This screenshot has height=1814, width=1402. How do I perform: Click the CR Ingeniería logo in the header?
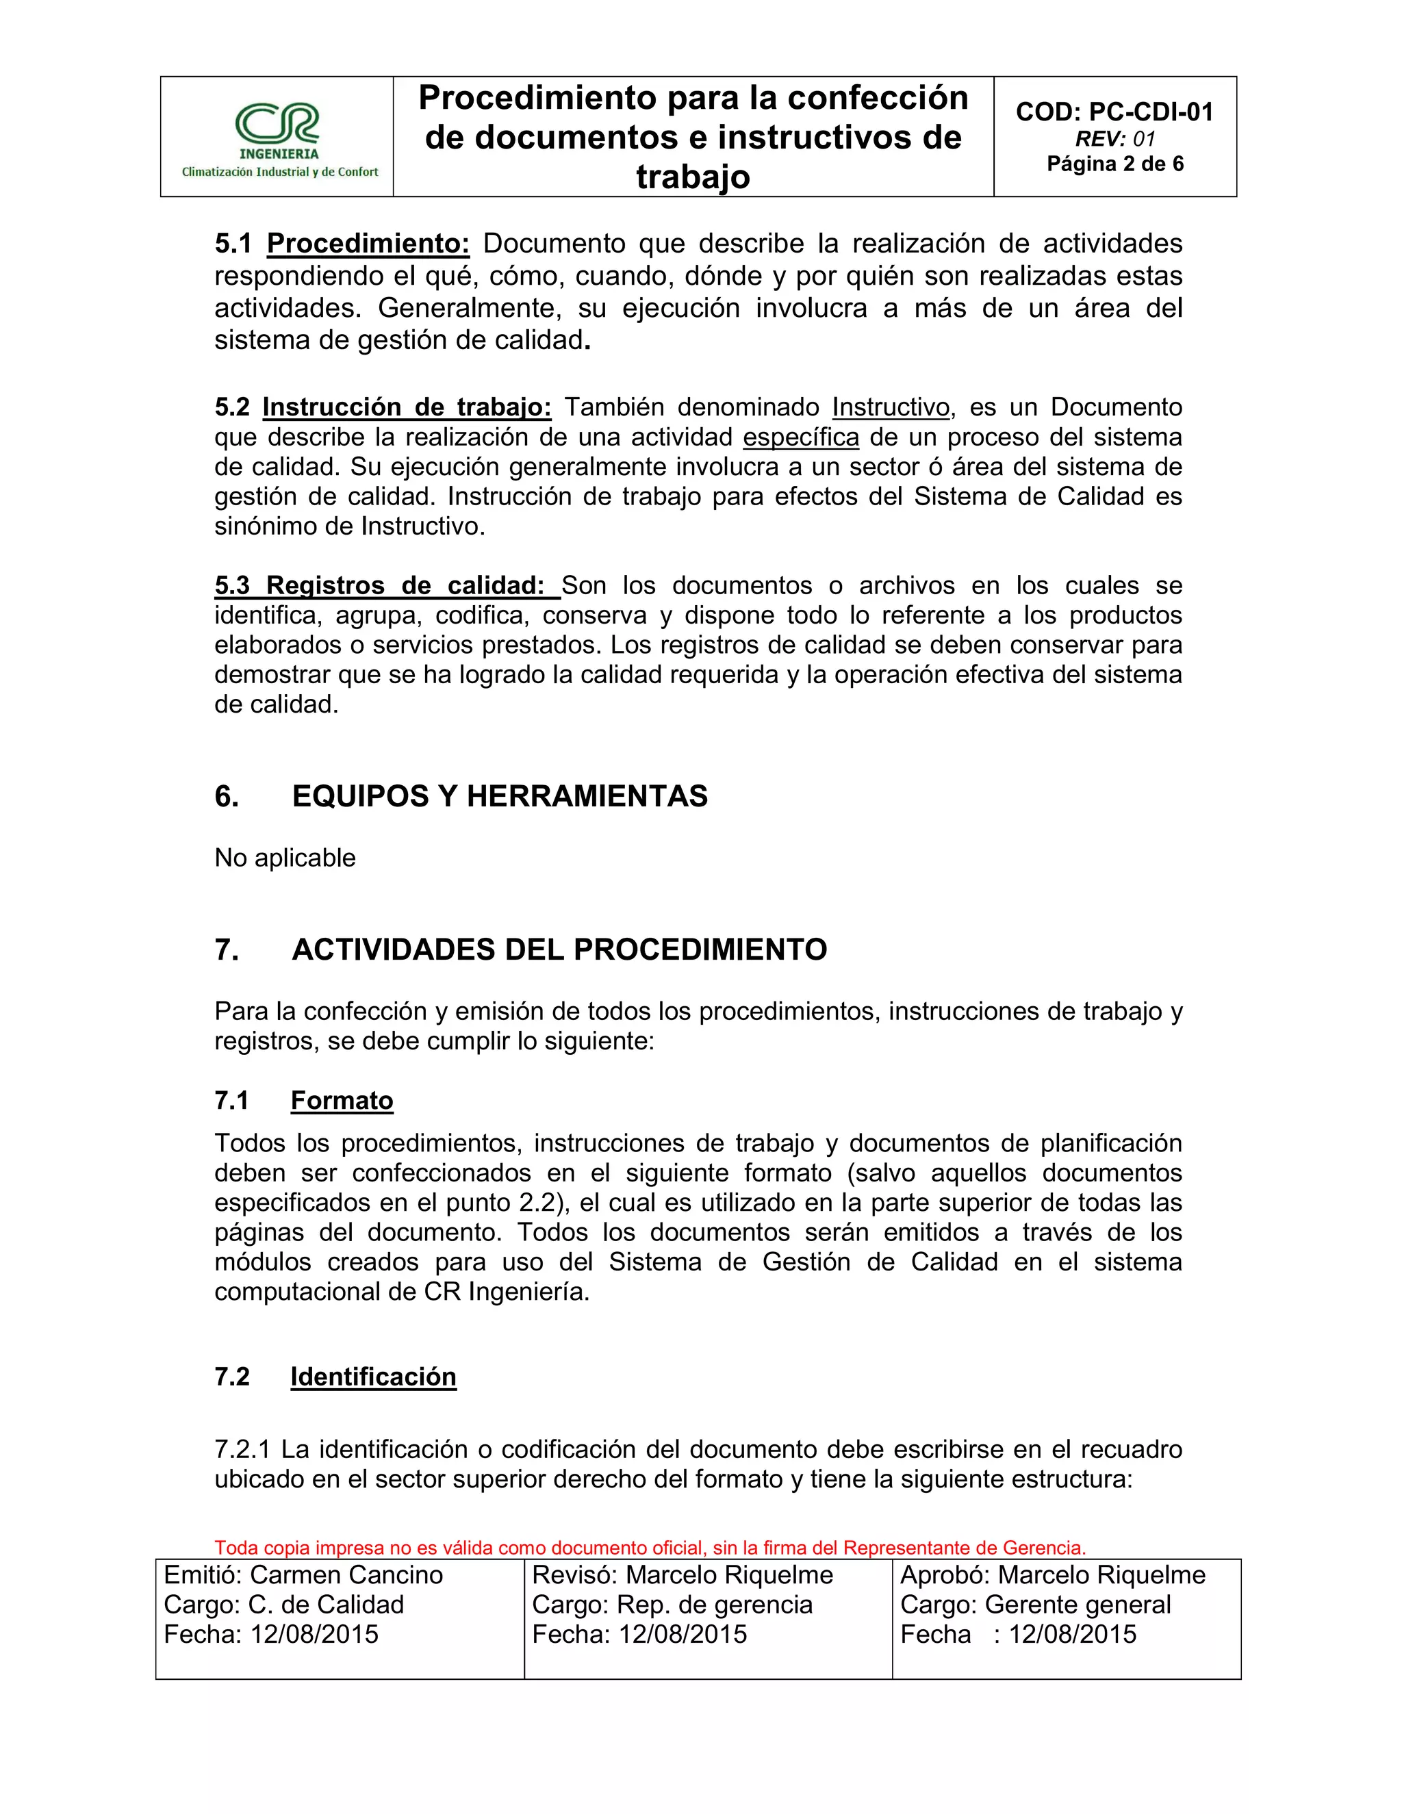pos(277,138)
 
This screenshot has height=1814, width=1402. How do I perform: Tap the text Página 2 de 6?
pos(1114,164)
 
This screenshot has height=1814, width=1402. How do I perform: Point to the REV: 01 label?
pos(1114,139)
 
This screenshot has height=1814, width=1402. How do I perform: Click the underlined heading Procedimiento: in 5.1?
pos(368,244)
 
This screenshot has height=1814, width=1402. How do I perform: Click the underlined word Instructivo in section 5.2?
pos(891,407)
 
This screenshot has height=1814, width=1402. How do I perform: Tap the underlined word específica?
pos(801,437)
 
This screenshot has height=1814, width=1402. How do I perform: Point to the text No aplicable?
pos(285,857)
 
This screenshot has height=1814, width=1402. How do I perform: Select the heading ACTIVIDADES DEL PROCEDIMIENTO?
pos(559,949)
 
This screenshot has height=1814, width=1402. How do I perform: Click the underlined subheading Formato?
pos(342,1101)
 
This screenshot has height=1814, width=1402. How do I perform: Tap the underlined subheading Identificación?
pos(373,1377)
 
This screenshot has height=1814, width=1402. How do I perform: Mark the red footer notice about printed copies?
pos(650,1548)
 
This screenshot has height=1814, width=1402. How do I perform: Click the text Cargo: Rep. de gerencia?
pos(672,1605)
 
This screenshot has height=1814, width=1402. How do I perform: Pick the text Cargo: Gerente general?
pos(1035,1605)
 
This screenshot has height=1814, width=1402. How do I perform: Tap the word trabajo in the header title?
pos(693,177)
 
